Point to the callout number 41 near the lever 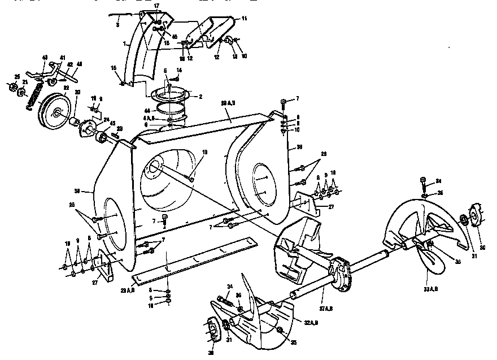(x=62, y=58)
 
